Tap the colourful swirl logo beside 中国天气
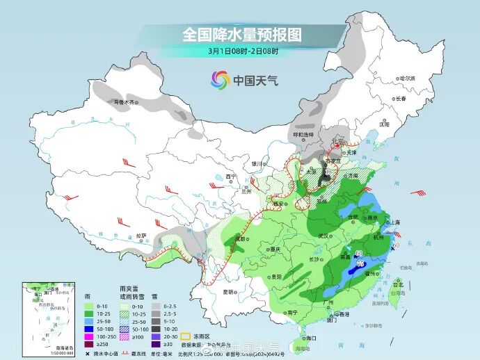(x=220, y=81)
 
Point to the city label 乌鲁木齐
(x=125, y=102)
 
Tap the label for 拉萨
(x=141, y=236)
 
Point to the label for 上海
(x=395, y=222)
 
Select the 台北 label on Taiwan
(x=398, y=285)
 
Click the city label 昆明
(x=228, y=292)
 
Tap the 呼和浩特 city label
(x=303, y=134)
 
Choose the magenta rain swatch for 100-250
(x=88, y=336)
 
